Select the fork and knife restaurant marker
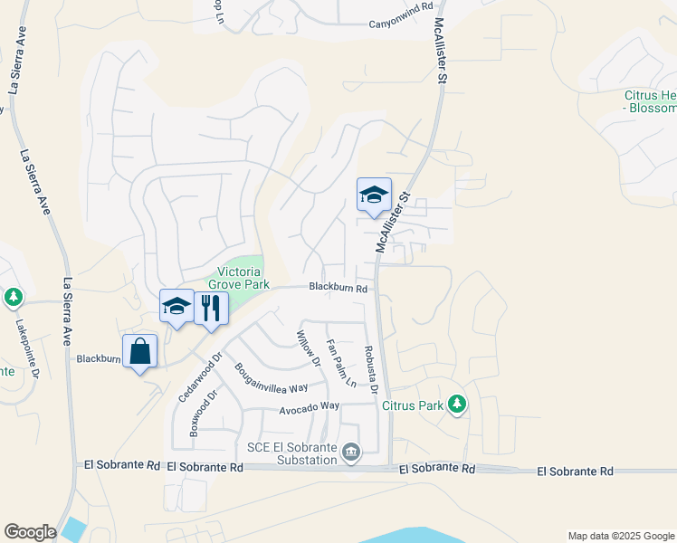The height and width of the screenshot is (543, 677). pos(211,307)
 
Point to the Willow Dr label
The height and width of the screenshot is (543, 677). pos(309,348)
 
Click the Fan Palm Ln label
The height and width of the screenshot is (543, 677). pos(342,360)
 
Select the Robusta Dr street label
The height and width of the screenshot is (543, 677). pos(369,370)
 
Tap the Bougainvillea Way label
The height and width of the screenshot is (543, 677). pos(272,378)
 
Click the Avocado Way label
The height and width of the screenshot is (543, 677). pos(309,407)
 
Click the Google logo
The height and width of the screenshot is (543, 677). pos(30,532)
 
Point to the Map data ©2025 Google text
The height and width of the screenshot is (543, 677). pos(619,536)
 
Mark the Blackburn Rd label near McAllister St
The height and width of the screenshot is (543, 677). pos(338,288)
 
